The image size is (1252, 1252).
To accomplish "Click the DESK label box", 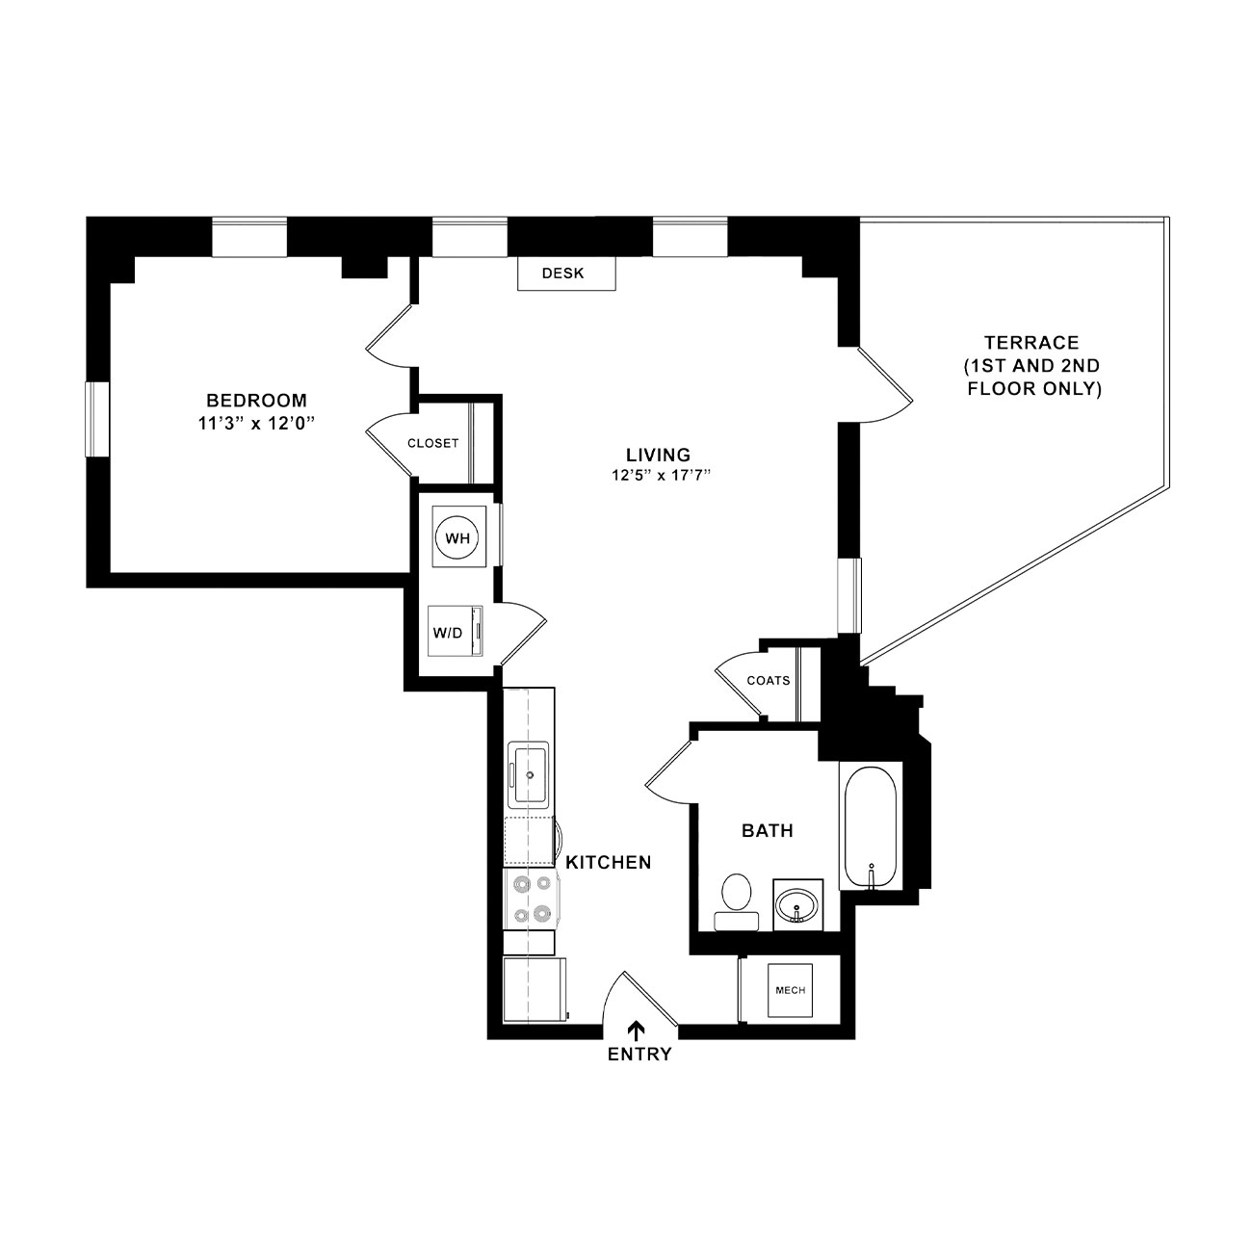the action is (566, 273).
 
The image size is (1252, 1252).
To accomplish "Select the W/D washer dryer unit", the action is (456, 631).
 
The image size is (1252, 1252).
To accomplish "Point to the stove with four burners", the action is (531, 899).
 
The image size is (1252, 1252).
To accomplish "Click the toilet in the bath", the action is (736, 901).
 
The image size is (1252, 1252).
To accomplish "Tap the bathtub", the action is (872, 825).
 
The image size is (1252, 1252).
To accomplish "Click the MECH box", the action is (790, 990).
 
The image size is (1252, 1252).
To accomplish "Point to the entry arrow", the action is (638, 1030).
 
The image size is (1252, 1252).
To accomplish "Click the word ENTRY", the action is (639, 1054).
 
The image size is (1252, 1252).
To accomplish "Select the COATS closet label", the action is (768, 680).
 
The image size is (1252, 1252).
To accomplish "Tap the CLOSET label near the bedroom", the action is (432, 443).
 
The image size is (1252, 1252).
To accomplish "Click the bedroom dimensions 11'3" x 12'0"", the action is (256, 424).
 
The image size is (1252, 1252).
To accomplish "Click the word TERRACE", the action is (1031, 343).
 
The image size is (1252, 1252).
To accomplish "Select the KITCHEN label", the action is (608, 862).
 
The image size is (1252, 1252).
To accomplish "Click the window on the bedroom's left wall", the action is (97, 419).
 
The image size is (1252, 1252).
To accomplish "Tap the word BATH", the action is (768, 830).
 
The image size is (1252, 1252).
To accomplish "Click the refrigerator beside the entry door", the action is (535, 989).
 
